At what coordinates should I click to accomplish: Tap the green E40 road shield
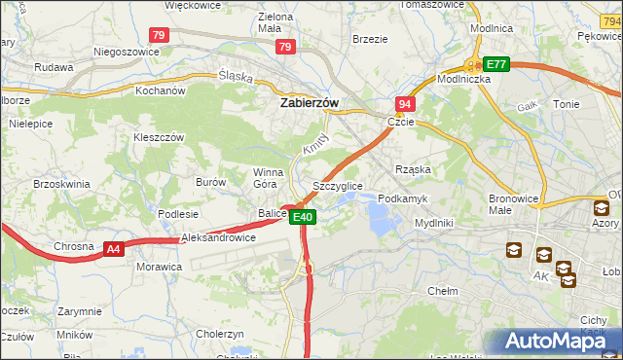click(302, 217)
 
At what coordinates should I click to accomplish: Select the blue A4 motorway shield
click(114, 249)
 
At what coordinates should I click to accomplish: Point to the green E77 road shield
click(496, 64)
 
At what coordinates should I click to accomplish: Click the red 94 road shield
click(405, 104)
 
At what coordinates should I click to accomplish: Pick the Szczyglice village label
click(338, 185)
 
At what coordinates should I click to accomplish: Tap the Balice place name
click(272, 213)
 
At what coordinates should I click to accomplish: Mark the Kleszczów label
click(158, 137)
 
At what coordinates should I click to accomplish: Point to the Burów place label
click(210, 182)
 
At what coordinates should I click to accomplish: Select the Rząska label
click(413, 169)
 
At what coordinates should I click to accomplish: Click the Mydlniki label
click(433, 223)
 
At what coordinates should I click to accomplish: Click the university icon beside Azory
click(600, 207)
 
